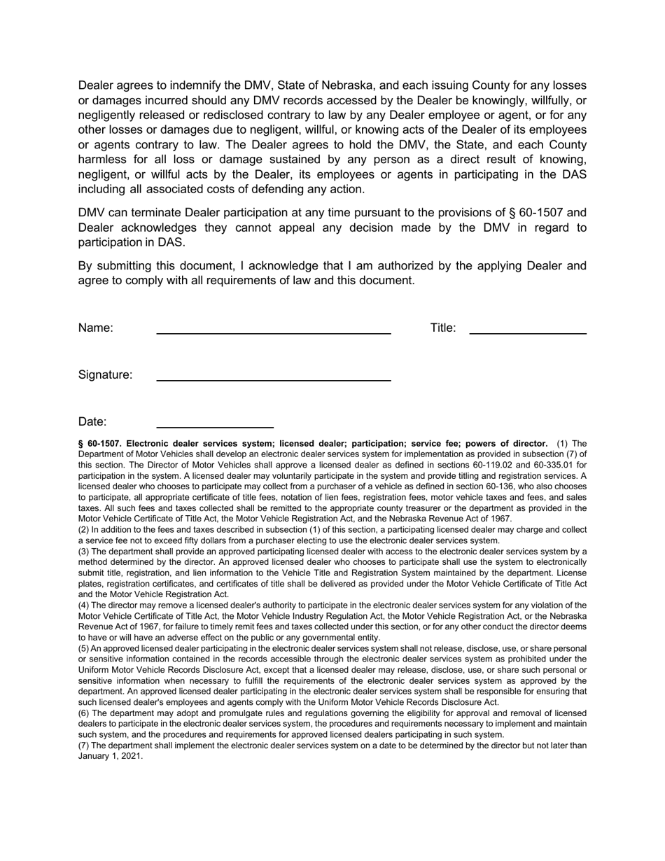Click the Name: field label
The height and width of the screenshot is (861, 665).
point(95,328)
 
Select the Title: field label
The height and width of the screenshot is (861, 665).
point(442,328)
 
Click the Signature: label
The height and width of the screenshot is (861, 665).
point(105,375)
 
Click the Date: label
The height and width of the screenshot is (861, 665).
point(92,422)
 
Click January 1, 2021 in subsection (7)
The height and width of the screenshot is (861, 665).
point(110,757)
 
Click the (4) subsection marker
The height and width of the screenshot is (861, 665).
point(83,605)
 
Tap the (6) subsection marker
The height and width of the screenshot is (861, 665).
point(83,713)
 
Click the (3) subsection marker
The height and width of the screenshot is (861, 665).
point(83,552)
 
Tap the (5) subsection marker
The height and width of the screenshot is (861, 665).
point(83,649)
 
